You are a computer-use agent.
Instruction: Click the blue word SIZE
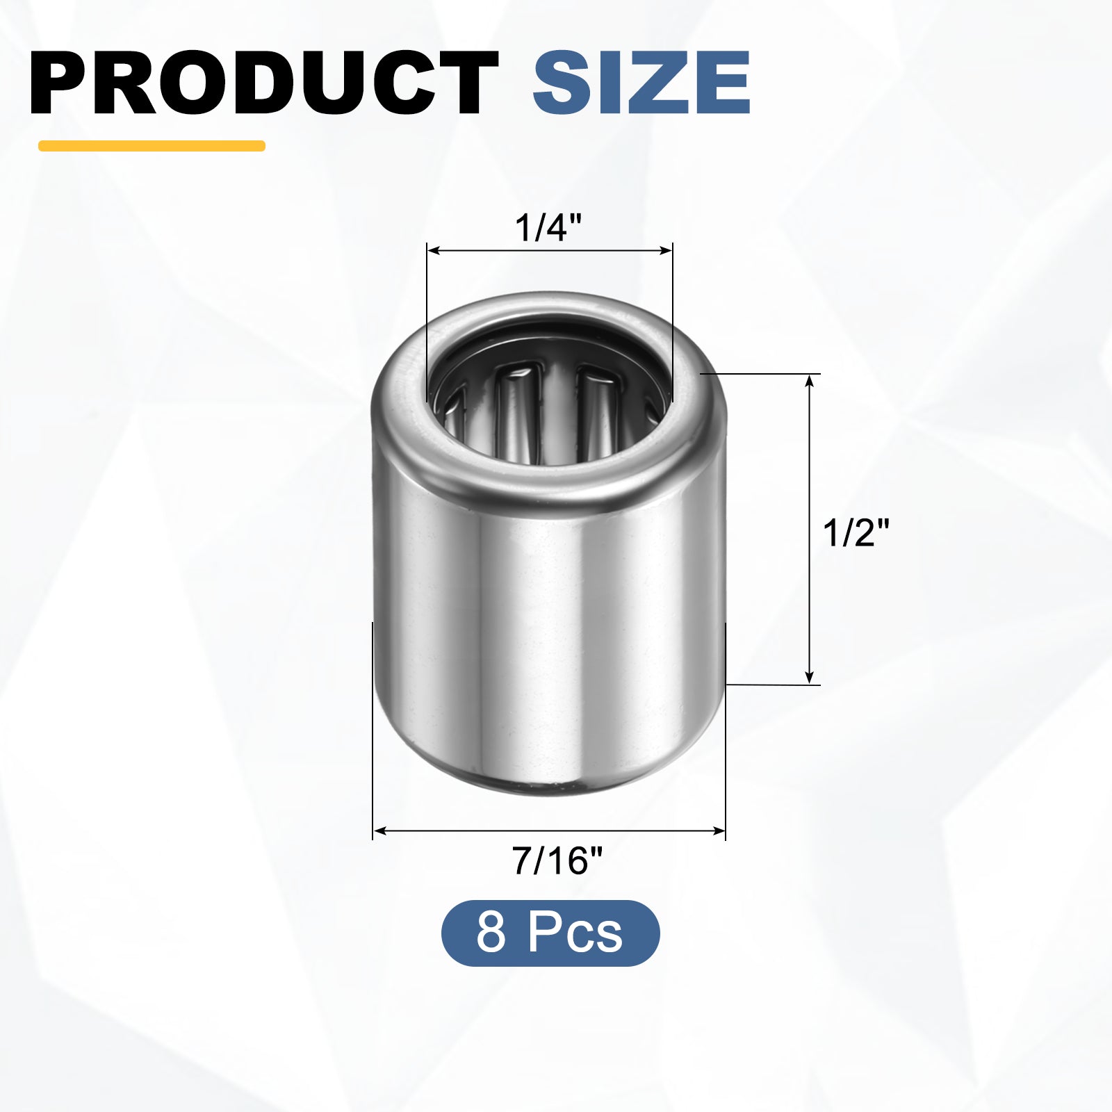pyautogui.click(x=641, y=83)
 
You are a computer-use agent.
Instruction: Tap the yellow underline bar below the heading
pyautogui.click(x=152, y=146)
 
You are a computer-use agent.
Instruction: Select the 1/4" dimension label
pyautogui.click(x=548, y=227)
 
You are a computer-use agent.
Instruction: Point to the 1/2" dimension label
pyautogui.click(x=856, y=533)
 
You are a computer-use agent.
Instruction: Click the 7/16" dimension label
pyautogui.click(x=557, y=860)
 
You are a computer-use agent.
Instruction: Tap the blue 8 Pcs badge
pyautogui.click(x=550, y=933)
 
